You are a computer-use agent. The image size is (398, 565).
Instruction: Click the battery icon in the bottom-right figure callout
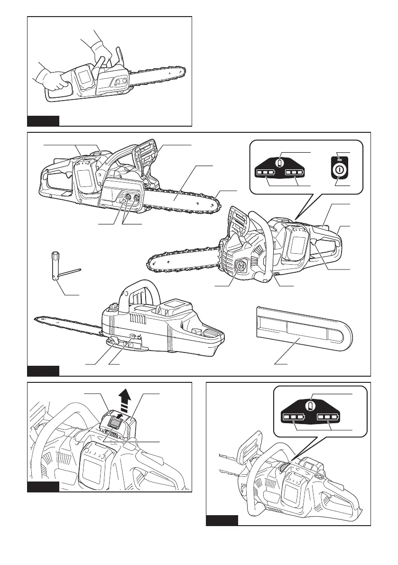(311, 406)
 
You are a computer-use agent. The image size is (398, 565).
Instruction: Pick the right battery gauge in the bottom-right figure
(329, 418)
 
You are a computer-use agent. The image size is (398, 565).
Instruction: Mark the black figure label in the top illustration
(43, 120)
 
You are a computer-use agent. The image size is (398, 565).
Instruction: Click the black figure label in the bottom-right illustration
(222, 520)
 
